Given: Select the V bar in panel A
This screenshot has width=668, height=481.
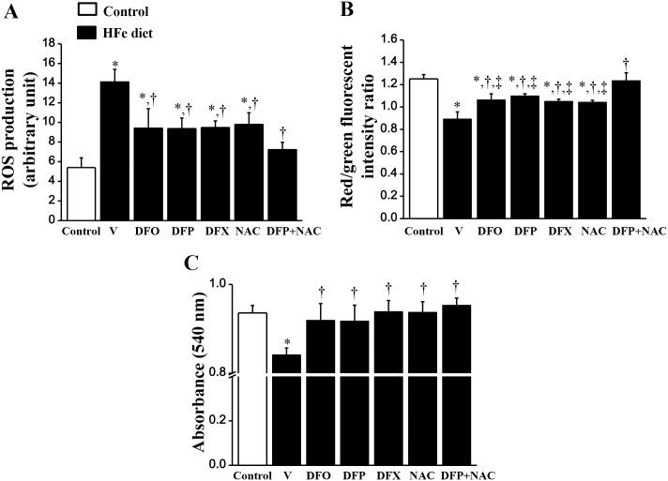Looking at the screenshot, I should click(x=114, y=151).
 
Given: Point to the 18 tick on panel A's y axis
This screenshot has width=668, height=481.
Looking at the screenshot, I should click(x=53, y=43).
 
